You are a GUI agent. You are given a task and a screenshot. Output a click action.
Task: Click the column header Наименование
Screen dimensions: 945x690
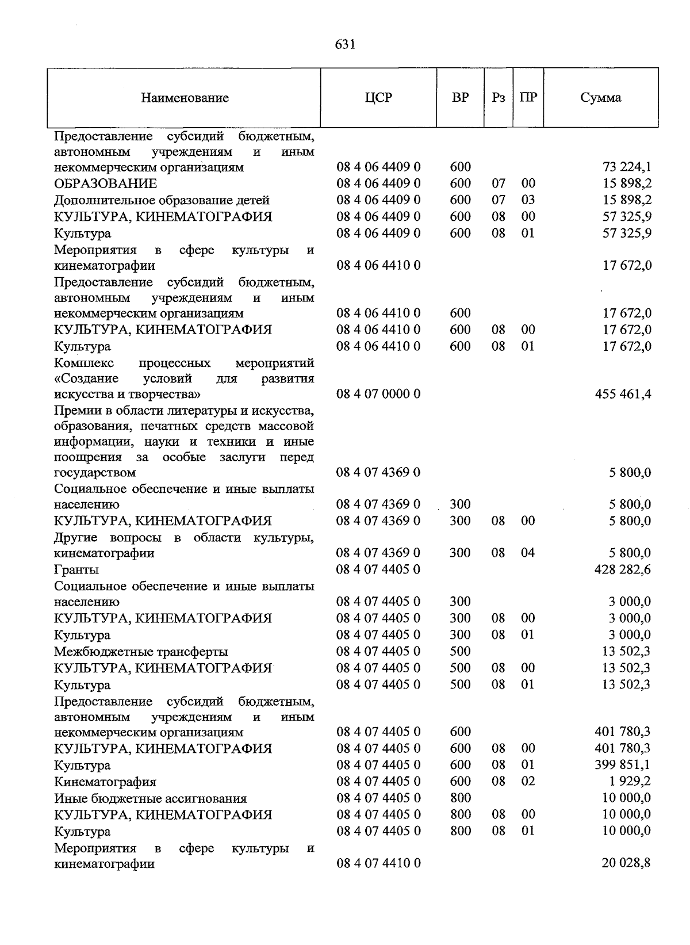pyautogui.click(x=185, y=98)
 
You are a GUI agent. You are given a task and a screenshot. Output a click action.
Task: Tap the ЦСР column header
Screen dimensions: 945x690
pyautogui.click(x=378, y=97)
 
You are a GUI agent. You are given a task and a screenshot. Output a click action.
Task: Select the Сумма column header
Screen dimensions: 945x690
pyautogui.click(x=600, y=97)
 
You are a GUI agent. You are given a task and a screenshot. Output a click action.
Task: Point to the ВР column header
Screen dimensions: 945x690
pyautogui.click(x=460, y=97)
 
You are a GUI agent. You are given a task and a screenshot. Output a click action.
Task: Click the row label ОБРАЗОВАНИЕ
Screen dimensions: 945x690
pyautogui.click(x=105, y=184)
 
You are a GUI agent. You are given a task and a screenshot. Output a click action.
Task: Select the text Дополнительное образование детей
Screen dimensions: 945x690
pyautogui.click(x=162, y=201)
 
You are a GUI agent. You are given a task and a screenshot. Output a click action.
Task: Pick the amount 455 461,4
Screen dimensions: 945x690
pyautogui.click(x=623, y=395)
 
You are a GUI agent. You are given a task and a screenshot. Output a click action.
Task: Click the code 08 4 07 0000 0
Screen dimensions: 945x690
pyautogui.click(x=378, y=395)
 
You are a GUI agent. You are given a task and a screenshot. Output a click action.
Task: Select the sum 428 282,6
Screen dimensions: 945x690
pyautogui.click(x=623, y=570)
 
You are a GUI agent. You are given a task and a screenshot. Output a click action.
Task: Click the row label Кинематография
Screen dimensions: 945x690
pyautogui.click(x=105, y=782)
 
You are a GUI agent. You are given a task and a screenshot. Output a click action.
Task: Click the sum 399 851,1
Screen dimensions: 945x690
pyautogui.click(x=623, y=765)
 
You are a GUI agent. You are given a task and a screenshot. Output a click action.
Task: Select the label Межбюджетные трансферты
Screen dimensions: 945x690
pyautogui.click(x=141, y=652)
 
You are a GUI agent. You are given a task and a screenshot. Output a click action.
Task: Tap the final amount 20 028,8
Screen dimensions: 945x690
pyautogui.click(x=626, y=864)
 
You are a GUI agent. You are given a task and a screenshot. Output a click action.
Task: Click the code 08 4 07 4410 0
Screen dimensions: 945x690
pyautogui.click(x=378, y=864)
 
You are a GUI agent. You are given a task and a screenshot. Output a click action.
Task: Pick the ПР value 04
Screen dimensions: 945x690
pyautogui.click(x=527, y=553)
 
